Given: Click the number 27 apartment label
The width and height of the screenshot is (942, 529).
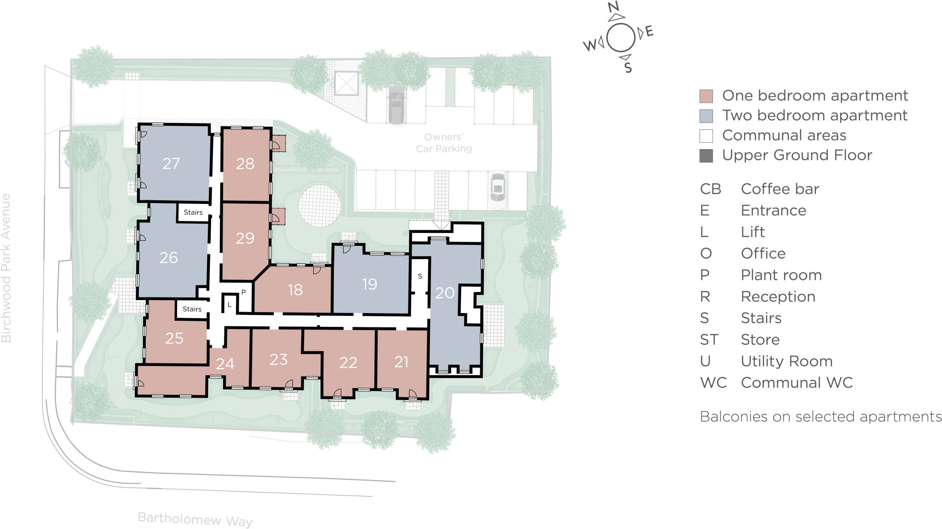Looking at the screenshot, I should [x=171, y=163].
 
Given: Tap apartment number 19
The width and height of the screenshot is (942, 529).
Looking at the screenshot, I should [x=369, y=284].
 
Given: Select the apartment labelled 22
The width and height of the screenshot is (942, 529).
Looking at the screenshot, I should [x=348, y=363].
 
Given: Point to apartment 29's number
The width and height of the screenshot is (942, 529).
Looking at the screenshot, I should [x=245, y=238].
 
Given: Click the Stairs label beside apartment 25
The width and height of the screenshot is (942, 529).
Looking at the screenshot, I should [x=192, y=309].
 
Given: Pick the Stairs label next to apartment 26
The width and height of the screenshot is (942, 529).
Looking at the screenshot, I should [x=193, y=212].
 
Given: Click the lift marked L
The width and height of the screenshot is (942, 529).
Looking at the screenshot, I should [x=229, y=304].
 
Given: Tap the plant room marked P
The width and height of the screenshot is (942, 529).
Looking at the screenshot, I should [x=243, y=292].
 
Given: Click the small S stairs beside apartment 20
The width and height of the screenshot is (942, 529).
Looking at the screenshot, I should [x=419, y=276].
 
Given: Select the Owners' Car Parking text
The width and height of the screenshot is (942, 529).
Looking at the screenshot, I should [x=443, y=143].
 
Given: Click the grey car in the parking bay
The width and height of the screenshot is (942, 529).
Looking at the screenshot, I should [x=396, y=105].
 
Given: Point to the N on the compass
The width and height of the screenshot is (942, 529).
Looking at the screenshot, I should [x=613, y=7].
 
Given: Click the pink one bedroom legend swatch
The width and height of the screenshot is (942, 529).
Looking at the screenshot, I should [x=706, y=96].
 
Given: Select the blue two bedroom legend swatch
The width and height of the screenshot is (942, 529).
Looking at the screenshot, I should [x=706, y=116].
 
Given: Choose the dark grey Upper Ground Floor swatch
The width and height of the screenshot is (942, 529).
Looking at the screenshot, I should [x=706, y=156].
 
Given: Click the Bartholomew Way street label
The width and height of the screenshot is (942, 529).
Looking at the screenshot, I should [x=195, y=519].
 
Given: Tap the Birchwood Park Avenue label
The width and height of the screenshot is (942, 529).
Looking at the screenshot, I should [x=6, y=268].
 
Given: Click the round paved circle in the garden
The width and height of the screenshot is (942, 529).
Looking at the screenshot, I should [x=319, y=206].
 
